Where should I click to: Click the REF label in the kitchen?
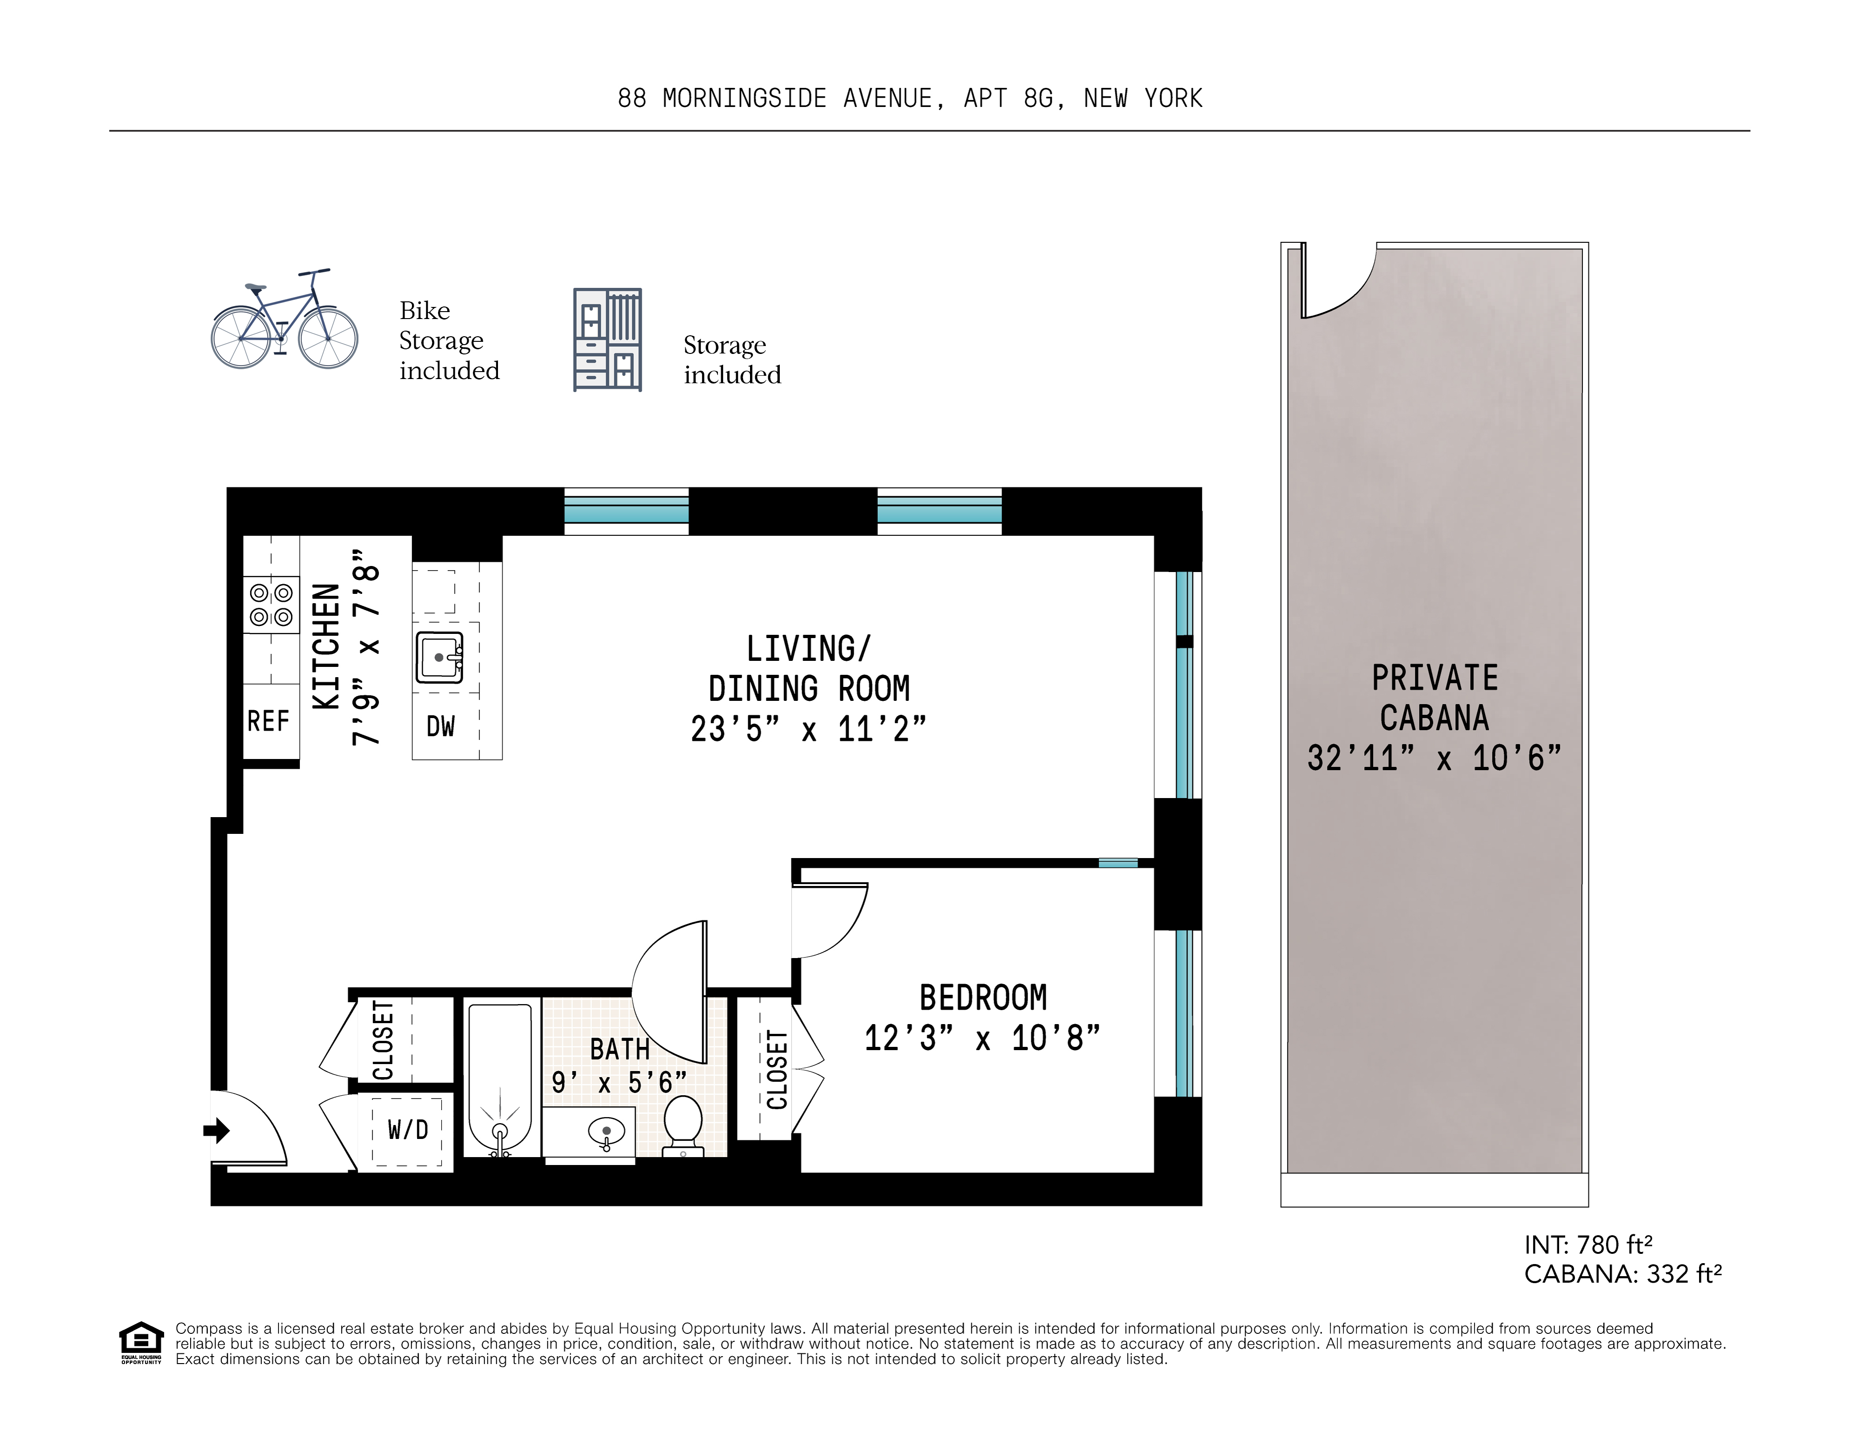268,721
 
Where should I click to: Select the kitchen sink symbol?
439,657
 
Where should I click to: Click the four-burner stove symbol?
271,605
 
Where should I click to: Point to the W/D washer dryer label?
408,1130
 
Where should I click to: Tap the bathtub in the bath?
500,1077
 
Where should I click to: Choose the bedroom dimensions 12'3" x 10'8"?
982,1039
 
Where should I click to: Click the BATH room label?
620,1049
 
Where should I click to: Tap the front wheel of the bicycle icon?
328,338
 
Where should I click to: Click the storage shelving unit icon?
607,340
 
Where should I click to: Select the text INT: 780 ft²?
1587,1245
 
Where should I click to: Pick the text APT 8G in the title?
1013,99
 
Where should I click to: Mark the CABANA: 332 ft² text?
1622,1274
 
